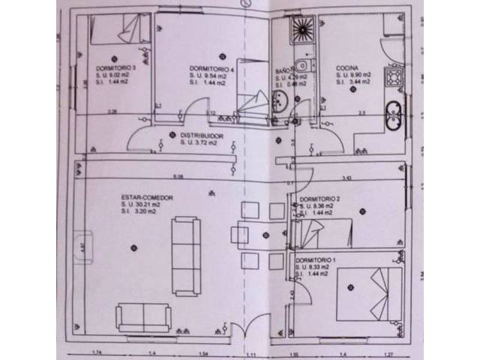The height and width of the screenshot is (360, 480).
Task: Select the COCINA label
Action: point(346,70)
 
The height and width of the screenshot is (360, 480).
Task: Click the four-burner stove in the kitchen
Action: point(393,77)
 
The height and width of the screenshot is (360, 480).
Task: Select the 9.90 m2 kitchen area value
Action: point(351,76)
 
